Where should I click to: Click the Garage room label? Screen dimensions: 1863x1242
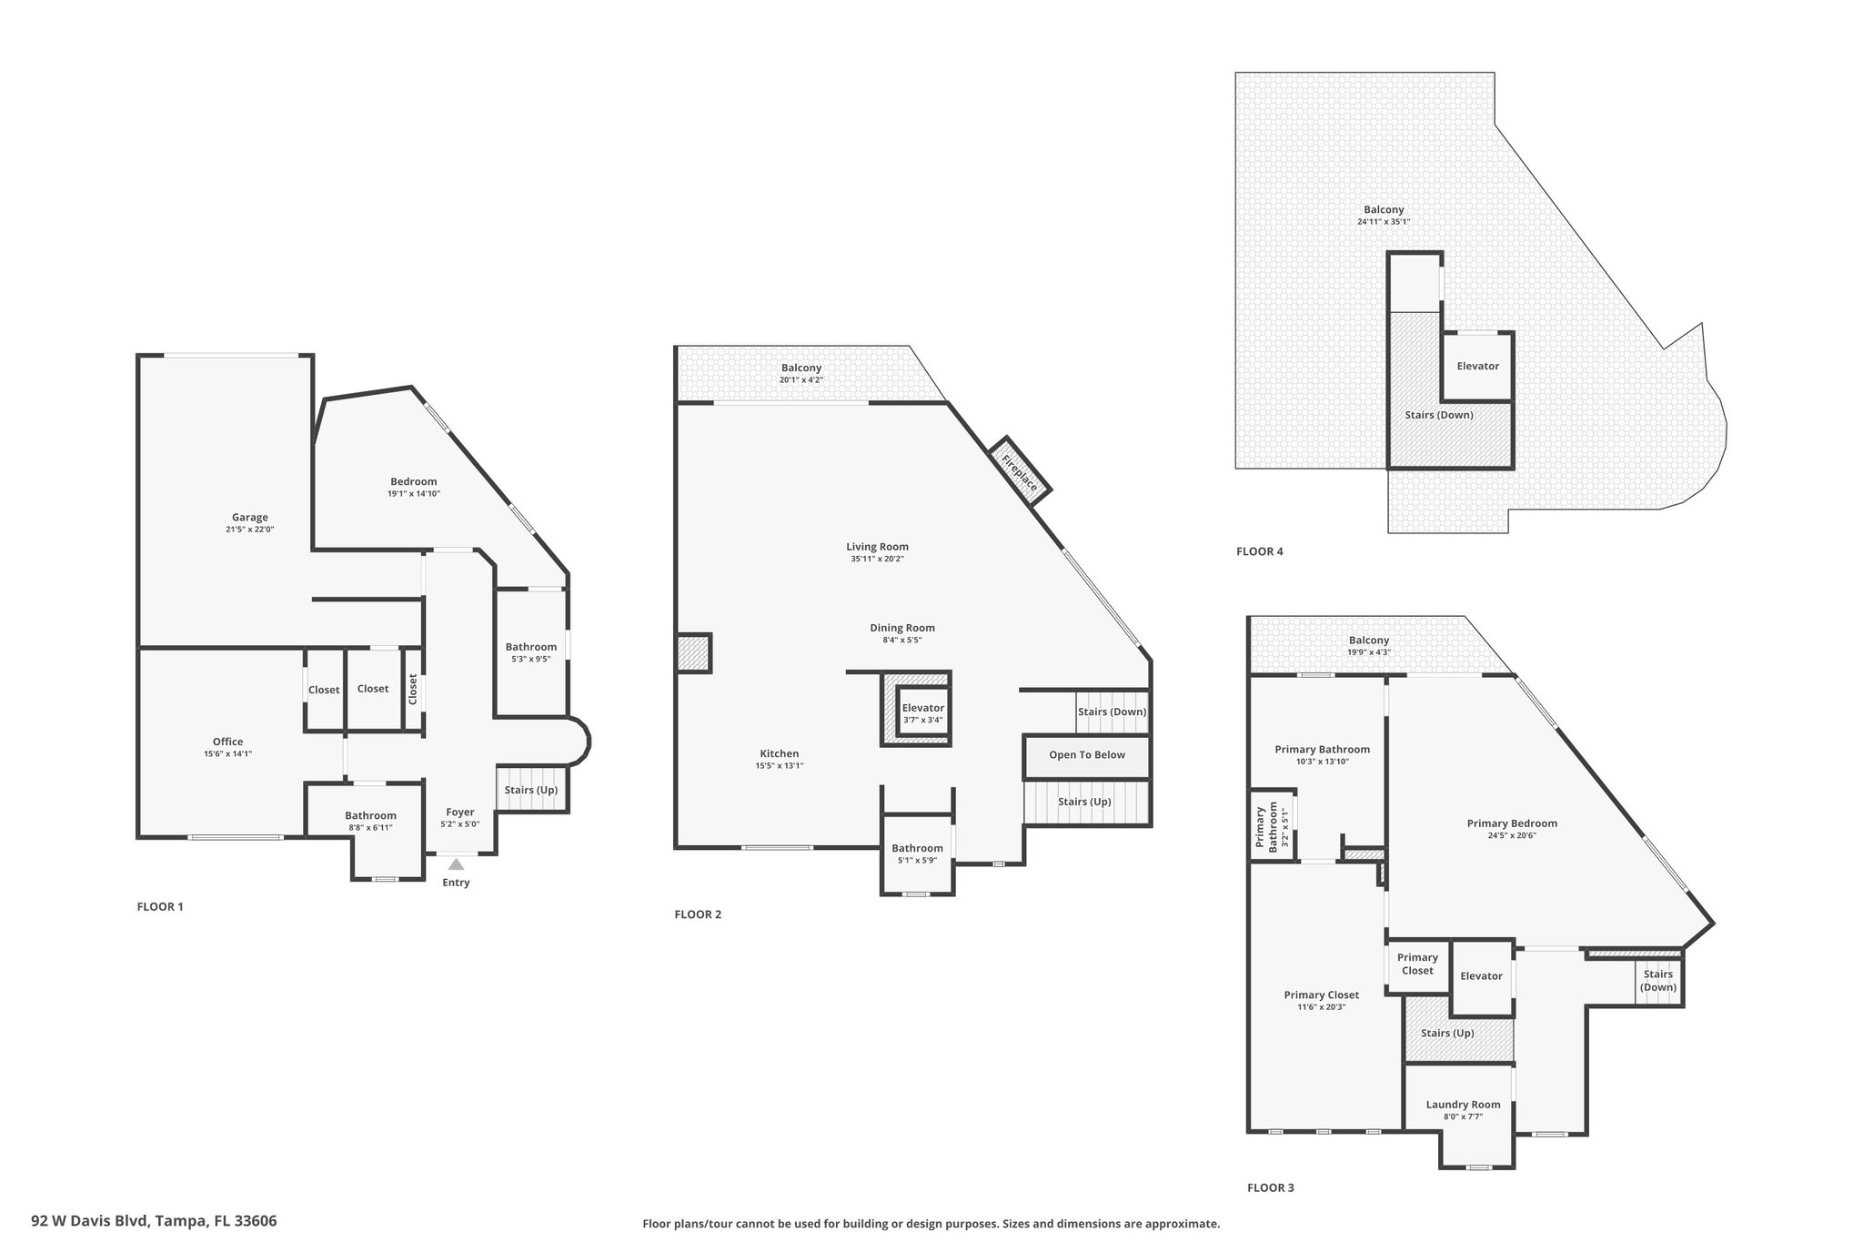click(x=249, y=517)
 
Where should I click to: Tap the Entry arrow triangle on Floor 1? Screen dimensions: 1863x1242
click(x=456, y=863)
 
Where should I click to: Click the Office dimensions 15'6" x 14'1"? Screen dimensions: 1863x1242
click(x=227, y=753)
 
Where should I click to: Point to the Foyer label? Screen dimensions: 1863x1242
click(x=460, y=812)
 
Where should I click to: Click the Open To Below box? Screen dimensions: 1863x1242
click(x=1087, y=755)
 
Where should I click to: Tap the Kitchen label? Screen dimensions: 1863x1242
click(x=780, y=753)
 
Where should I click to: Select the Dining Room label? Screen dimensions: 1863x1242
click(x=902, y=628)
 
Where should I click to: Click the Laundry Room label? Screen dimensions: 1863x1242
click(x=1464, y=1105)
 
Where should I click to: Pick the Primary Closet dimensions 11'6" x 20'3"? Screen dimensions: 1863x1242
click(x=1322, y=1007)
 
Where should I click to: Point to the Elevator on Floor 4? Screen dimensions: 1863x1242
click(x=1478, y=366)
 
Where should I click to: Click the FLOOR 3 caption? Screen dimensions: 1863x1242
click(x=1271, y=1187)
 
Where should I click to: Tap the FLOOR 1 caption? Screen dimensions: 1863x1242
click(x=160, y=906)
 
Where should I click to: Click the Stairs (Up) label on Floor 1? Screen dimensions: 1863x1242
click(x=531, y=790)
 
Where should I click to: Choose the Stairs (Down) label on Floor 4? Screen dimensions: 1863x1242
click(x=1439, y=415)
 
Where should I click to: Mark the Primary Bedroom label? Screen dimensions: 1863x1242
click(x=1512, y=823)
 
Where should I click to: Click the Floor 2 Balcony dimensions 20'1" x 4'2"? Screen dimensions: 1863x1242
click(x=801, y=379)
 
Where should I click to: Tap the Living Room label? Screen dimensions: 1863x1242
click(x=878, y=547)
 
